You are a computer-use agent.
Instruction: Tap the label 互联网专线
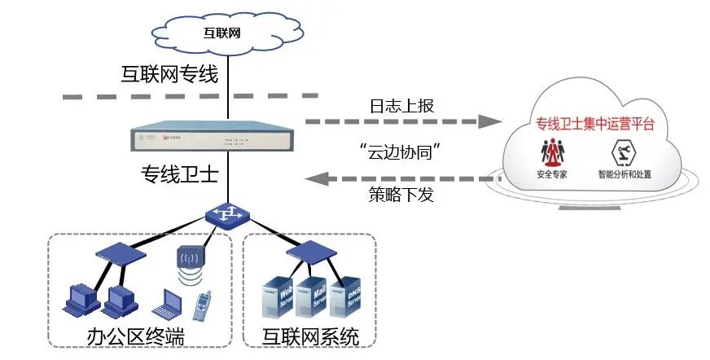[x=169, y=76]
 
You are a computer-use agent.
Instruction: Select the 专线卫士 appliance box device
[x=227, y=138]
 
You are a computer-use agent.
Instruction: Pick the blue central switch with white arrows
[x=228, y=215]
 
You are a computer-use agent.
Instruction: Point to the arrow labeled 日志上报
[x=404, y=122]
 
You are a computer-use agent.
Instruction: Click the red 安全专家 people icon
[x=555, y=152]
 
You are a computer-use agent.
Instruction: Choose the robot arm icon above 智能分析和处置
[x=624, y=152]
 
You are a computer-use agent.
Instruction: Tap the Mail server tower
[x=312, y=300]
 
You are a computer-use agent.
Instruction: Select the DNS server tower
[x=348, y=298]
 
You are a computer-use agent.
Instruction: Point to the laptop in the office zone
[x=167, y=303]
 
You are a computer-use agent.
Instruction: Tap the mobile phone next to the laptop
[x=201, y=305]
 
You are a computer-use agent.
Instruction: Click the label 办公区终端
[x=135, y=336]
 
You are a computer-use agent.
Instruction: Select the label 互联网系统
[x=310, y=336]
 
